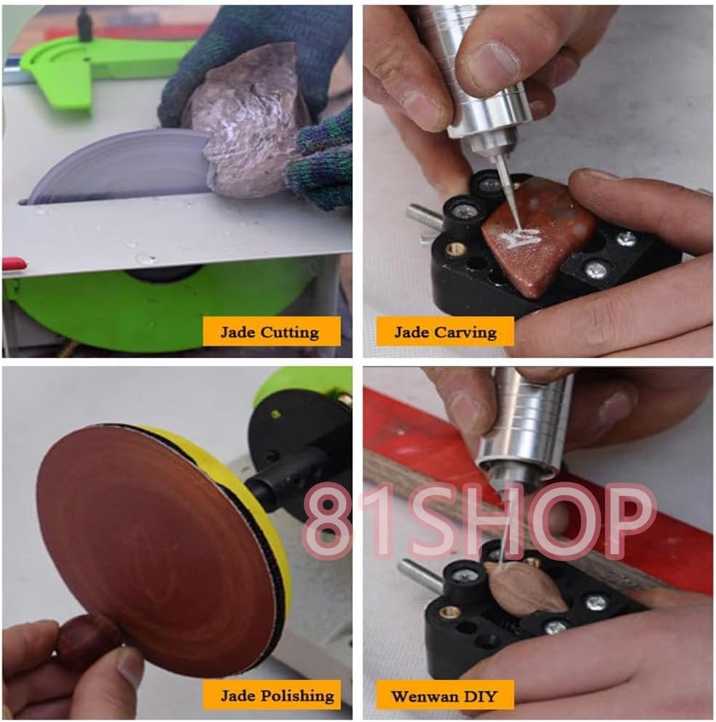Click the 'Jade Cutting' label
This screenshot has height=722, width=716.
click(271, 331)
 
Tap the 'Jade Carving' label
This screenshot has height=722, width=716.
click(445, 331)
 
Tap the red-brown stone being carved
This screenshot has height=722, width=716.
click(539, 235)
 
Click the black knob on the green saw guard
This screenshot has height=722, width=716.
click(84, 25)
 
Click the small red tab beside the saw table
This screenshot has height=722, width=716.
click(14, 264)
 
